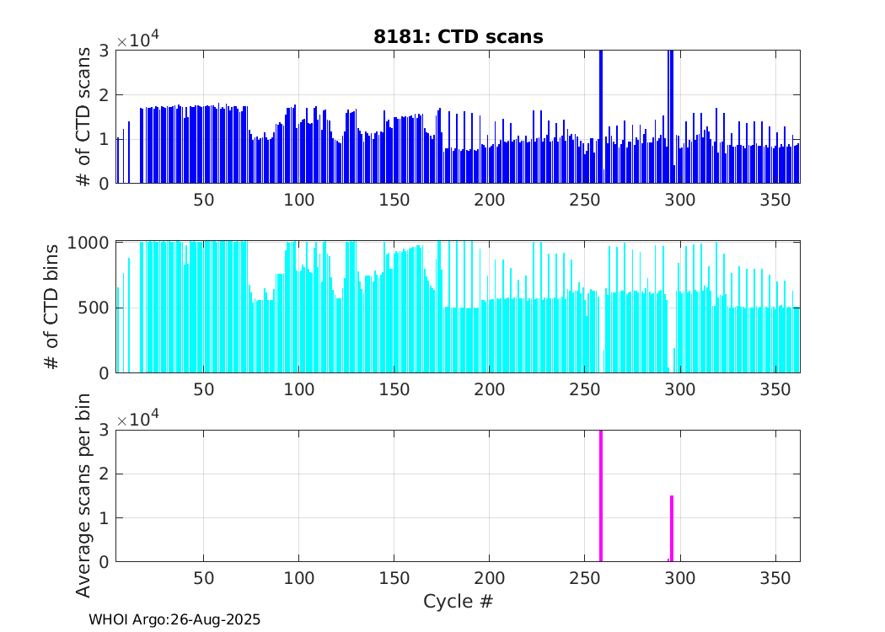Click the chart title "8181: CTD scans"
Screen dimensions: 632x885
pos(458,36)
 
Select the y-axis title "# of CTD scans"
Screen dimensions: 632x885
pos(84,116)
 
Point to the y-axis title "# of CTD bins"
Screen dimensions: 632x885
pos(52,306)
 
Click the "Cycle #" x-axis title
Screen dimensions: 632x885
pos(458,602)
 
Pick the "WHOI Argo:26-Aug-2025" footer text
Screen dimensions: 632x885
pos(174,619)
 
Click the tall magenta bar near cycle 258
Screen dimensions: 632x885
pos(601,495)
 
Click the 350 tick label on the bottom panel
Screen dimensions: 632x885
pos(775,579)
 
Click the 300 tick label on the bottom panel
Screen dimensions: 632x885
pos(679,579)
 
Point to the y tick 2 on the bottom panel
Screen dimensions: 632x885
pos(104,474)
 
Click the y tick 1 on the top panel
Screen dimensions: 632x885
pos(104,139)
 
